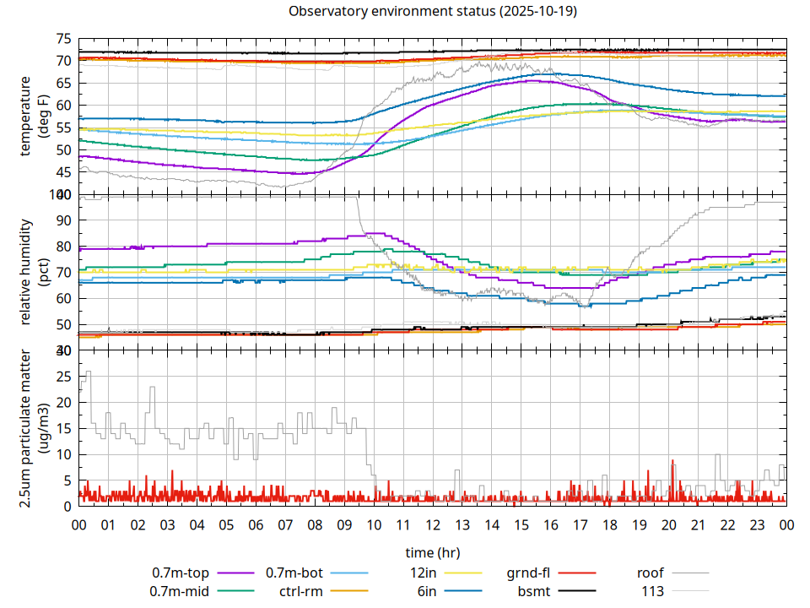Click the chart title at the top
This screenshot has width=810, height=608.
tap(433, 12)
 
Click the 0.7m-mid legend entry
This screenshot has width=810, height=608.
tap(180, 591)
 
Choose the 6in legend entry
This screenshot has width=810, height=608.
tap(427, 591)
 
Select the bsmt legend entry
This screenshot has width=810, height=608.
tap(534, 591)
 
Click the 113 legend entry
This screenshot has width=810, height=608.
tap(653, 591)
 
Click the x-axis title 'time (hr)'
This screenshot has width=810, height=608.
tap(433, 553)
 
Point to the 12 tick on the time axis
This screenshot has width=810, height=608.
tap(433, 524)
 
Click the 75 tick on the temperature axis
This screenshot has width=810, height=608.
tap(63, 39)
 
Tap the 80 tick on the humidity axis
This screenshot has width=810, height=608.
tap(63, 247)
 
